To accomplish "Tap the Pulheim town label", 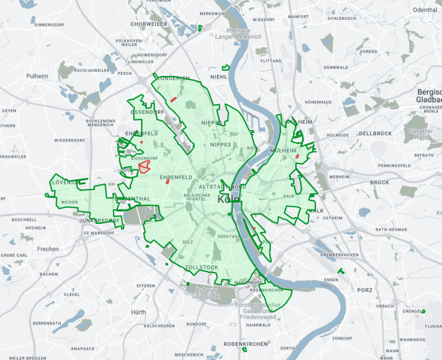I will (x=37, y=76).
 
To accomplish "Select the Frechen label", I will (x=48, y=249).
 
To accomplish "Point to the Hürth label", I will (x=138, y=312).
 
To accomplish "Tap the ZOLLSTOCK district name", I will (x=201, y=267).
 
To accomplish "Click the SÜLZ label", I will (x=188, y=243).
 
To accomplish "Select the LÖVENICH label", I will (x=66, y=182).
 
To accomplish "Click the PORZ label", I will (x=364, y=290).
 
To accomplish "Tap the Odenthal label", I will (x=425, y=10).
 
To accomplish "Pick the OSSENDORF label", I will (x=147, y=112).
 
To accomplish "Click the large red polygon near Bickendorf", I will (x=144, y=167).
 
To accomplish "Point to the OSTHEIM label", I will (x=333, y=218).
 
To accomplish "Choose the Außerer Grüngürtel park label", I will (x=205, y=293).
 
